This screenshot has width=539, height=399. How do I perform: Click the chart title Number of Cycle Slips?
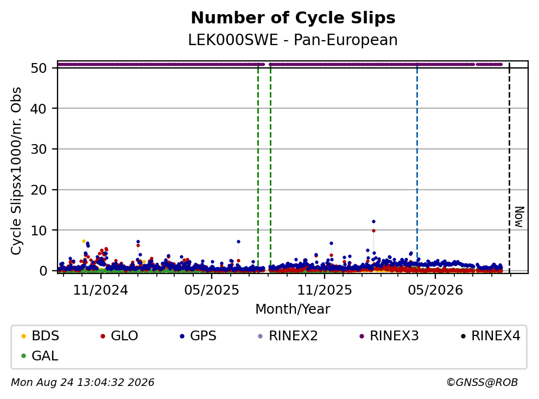(x=293, y=18)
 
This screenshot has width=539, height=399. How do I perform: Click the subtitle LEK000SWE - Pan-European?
(x=293, y=40)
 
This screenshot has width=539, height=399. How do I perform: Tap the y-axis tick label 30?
(x=39, y=149)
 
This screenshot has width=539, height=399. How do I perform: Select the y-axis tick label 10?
(x=39, y=230)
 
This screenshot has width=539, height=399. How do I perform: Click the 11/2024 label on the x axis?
(x=100, y=290)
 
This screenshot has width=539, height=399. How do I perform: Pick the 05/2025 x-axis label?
(x=211, y=290)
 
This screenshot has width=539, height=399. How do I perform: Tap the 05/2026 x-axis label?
(x=435, y=290)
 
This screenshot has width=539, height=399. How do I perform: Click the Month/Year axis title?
(x=293, y=309)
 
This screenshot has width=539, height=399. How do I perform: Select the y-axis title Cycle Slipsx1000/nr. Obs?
(x=16, y=171)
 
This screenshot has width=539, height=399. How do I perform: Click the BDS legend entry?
(x=40, y=335)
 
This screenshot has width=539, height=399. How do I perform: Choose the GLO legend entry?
(x=119, y=335)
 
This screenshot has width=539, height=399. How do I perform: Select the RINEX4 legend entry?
(x=491, y=335)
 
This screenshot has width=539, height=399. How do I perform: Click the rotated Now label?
(x=519, y=217)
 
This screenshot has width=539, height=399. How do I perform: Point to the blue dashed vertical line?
(x=417, y=169)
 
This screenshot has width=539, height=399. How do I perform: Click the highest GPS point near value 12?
(x=373, y=222)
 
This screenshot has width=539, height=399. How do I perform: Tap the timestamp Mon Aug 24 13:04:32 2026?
(x=83, y=382)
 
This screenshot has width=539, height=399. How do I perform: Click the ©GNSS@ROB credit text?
(x=482, y=382)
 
